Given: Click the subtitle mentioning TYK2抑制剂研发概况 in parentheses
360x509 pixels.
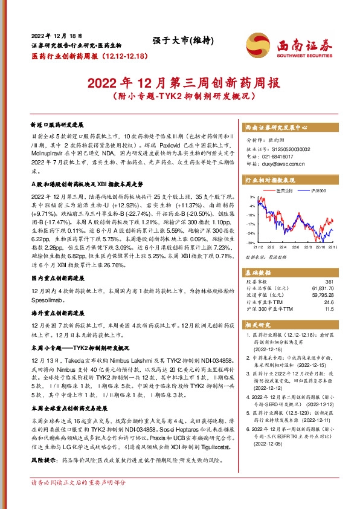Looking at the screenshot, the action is coord(179,96).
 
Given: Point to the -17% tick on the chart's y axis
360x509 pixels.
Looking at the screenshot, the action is coord(250,224).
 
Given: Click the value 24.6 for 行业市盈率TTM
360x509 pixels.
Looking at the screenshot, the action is coord(328,300).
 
